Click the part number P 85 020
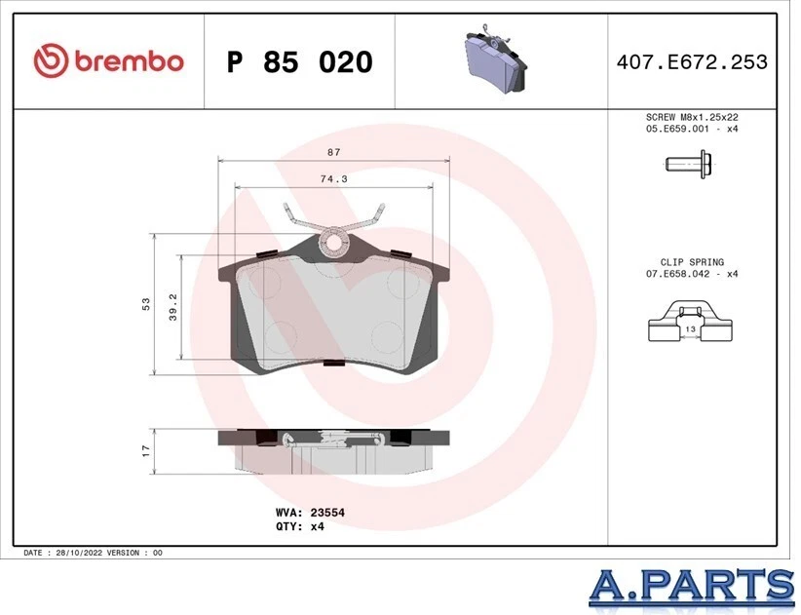299,62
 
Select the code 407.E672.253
692,62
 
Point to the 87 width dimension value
333,151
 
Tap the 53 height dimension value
146,304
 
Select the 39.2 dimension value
172,306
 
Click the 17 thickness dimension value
146,450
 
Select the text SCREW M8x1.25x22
692,116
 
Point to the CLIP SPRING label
692,262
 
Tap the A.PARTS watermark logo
692,584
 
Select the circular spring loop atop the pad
334,240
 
